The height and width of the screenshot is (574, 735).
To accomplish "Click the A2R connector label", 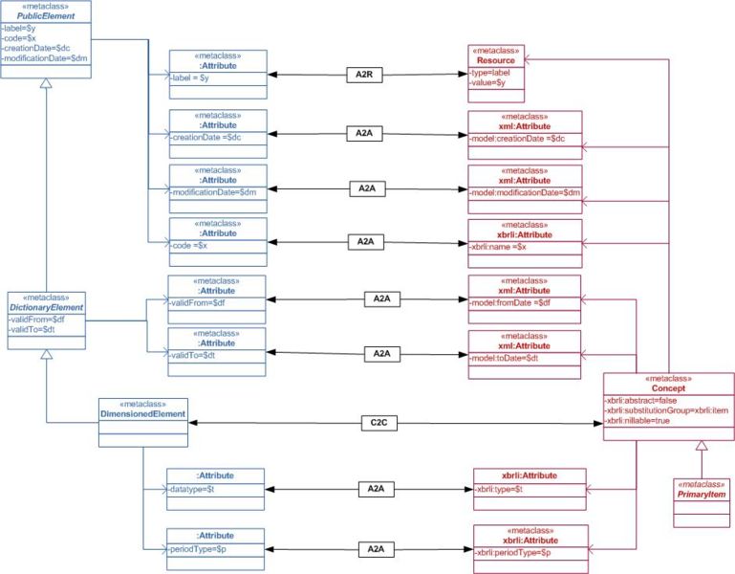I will (x=364, y=73).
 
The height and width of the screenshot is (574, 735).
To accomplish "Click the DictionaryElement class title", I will (x=47, y=307).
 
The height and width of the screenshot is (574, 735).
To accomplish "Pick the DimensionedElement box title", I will (x=141, y=413).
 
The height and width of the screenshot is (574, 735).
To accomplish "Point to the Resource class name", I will (x=496, y=59).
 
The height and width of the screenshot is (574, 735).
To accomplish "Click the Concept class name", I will (x=669, y=389).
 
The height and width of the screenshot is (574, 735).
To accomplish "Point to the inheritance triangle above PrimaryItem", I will (x=701, y=446).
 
